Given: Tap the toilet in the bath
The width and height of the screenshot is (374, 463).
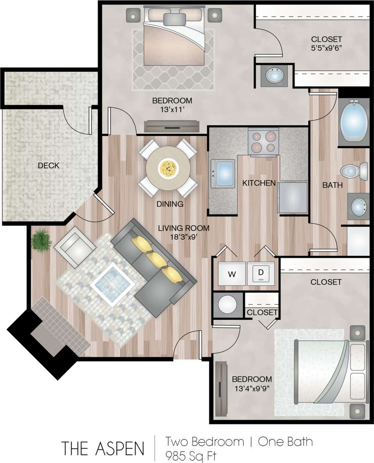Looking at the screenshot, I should pyautogui.click(x=354, y=171).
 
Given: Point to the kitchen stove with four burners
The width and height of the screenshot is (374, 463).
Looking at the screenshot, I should pyautogui.click(x=263, y=142).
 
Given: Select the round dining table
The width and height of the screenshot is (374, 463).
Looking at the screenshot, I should pyautogui.click(x=168, y=168).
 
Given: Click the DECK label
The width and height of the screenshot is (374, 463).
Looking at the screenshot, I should pyautogui.click(x=48, y=166).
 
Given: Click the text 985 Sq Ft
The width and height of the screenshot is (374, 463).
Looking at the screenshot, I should pyautogui.click(x=191, y=456).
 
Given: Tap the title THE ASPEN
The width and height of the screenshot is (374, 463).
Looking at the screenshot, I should pyautogui.click(x=103, y=449).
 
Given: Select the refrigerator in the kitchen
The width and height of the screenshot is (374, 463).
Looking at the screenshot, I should pyautogui.click(x=292, y=197).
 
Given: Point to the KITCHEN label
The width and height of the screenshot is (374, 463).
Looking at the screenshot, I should pyautogui.click(x=259, y=183).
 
